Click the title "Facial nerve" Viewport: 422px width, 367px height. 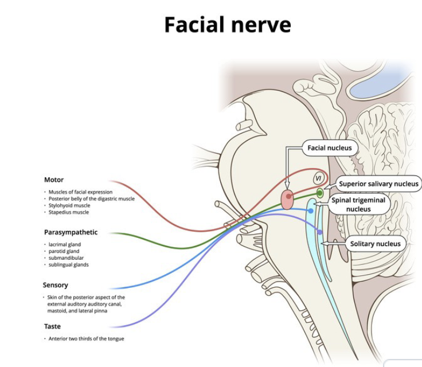[x=228, y=25]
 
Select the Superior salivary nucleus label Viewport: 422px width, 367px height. [x=378, y=184]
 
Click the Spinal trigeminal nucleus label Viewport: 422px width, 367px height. [x=358, y=205]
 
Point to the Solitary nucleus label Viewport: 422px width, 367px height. [x=376, y=244]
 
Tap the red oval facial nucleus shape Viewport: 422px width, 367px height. [x=287, y=200]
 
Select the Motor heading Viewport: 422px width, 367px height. [x=54, y=179]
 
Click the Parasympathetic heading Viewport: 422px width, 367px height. [x=71, y=232]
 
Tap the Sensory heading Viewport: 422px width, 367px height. [x=55, y=285]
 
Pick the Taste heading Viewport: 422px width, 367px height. [x=52, y=326]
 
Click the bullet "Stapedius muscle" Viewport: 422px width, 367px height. [x=68, y=212]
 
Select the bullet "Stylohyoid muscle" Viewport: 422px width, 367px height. [x=69, y=205]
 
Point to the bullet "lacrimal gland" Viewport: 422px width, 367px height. [x=64, y=244]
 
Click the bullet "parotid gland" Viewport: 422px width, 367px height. [x=64, y=251]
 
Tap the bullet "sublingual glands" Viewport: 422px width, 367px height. [x=68, y=265]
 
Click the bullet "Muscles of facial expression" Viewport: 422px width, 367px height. [x=80, y=192]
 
